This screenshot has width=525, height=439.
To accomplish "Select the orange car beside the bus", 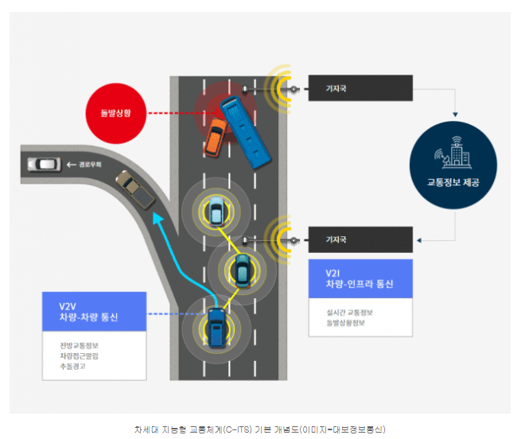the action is [x=214, y=138].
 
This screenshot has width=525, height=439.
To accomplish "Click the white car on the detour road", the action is [x=44, y=165].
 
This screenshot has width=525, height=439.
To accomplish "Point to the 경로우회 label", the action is [x=87, y=165].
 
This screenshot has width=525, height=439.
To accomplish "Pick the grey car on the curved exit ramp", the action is [x=135, y=190].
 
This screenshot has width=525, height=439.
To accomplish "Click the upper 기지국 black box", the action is [x=360, y=87].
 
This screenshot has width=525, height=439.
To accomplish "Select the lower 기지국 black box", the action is [x=360, y=239].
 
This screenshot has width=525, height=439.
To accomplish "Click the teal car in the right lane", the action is [x=242, y=270].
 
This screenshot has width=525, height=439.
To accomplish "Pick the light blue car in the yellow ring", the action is [x=215, y=210].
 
